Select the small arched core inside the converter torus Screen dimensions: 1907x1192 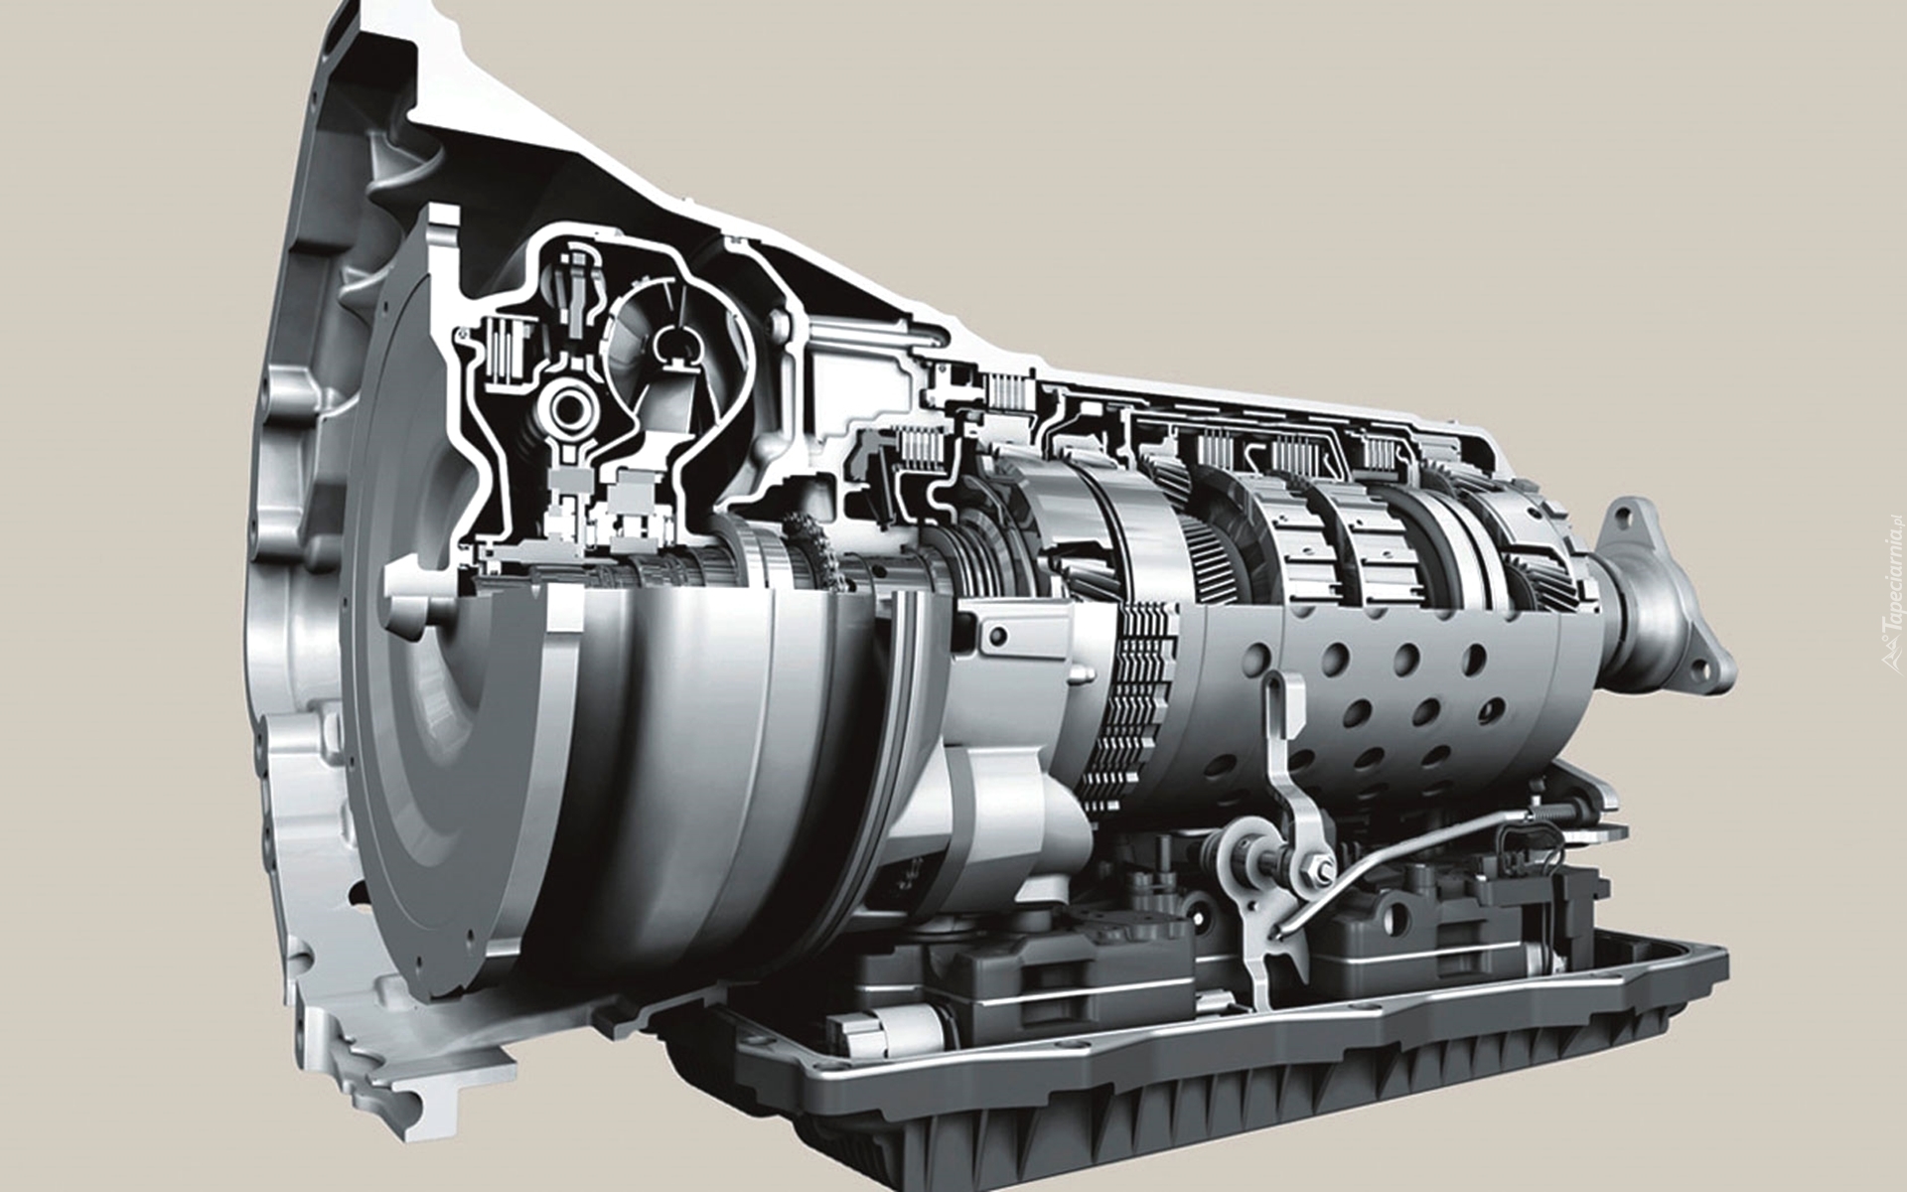(x=676, y=344)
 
